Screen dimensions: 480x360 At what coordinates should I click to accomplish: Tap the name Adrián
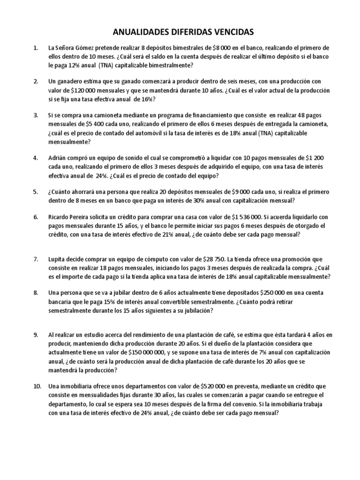pos(58,157)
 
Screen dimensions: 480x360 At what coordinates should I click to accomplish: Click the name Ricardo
pos(59,217)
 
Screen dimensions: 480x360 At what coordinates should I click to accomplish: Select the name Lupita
pos(57,259)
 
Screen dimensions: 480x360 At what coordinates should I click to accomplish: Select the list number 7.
pos(36,259)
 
